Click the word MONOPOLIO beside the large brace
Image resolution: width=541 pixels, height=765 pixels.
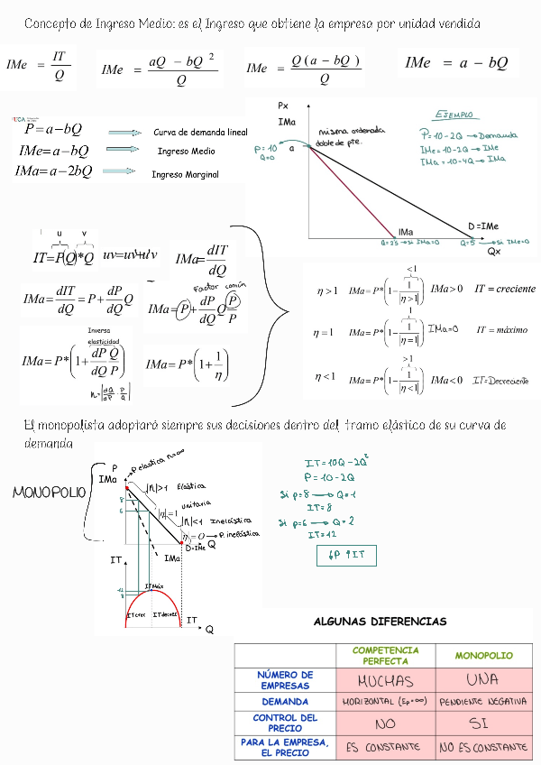[49, 493]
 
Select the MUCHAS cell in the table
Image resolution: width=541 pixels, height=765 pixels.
[385, 680]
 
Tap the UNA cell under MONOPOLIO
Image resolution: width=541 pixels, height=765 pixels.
[483, 680]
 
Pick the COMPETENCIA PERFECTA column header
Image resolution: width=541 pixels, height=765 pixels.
[385, 655]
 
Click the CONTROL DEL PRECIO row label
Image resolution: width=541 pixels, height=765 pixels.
[285, 723]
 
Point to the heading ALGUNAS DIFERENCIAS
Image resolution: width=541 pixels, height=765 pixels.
[380, 621]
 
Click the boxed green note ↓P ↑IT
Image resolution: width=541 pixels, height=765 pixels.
[346, 556]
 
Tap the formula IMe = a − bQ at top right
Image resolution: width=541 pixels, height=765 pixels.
[456, 63]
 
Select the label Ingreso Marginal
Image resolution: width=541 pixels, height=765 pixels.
[185, 174]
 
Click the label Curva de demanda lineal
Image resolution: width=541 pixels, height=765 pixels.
[200, 132]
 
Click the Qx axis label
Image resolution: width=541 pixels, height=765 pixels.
[494, 252]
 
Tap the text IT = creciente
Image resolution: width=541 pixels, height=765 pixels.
[505, 289]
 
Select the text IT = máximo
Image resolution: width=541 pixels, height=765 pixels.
[502, 330]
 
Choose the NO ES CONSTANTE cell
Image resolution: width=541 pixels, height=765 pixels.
[483, 747]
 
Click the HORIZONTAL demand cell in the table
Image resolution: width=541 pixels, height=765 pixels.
[385, 701]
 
